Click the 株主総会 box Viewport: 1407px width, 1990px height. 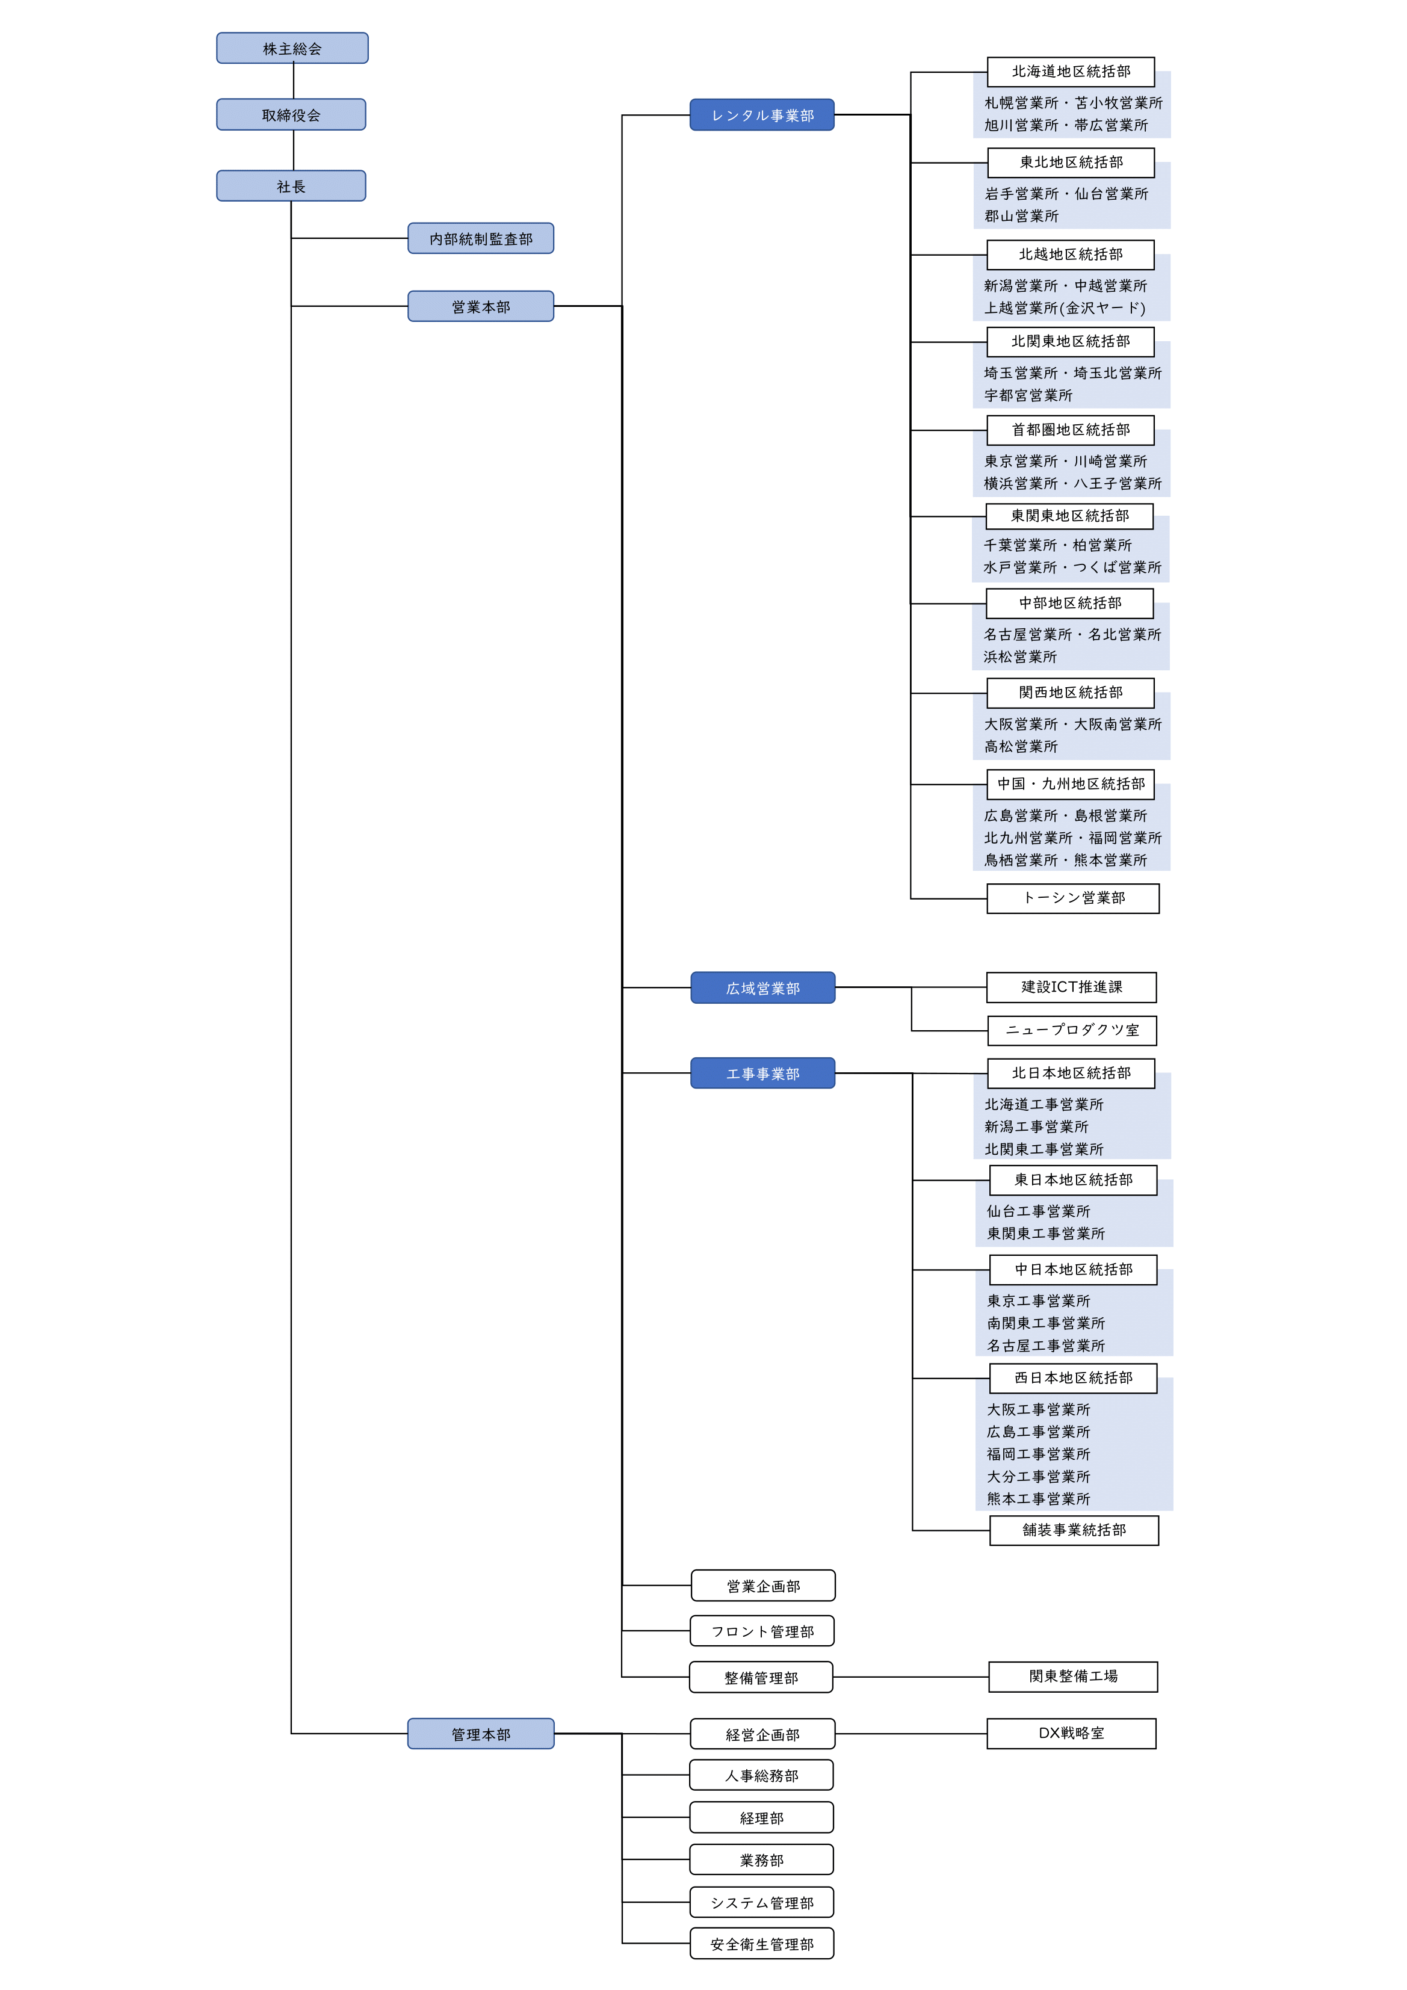pyautogui.click(x=292, y=49)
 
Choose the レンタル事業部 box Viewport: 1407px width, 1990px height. pyautogui.click(x=762, y=116)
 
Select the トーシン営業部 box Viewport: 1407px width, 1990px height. pyautogui.click(x=1072, y=898)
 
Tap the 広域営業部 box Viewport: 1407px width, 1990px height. pyautogui.click(x=763, y=988)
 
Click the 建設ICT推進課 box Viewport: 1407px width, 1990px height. pyautogui.click(x=1072, y=987)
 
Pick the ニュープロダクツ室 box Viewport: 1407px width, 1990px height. pyautogui.click(x=1072, y=1031)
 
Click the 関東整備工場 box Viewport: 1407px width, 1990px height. pyautogui.click(x=1073, y=1676)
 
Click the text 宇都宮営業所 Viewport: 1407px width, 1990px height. pyautogui.click(x=1028, y=395)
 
